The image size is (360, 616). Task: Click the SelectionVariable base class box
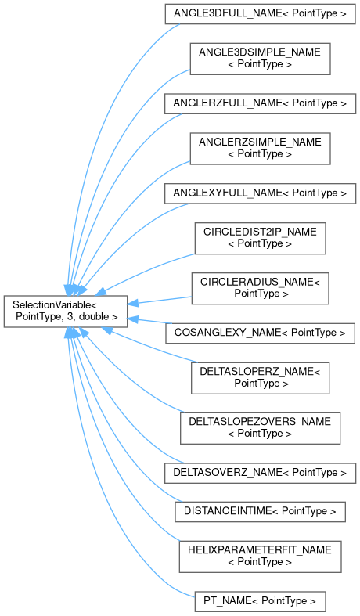click(66, 312)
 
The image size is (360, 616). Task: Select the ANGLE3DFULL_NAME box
click(260, 14)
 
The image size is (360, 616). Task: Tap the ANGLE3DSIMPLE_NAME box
click(260, 59)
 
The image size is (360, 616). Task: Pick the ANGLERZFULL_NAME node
click(260, 104)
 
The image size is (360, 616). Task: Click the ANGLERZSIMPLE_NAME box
click(260, 149)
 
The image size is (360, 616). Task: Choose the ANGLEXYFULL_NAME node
click(260, 193)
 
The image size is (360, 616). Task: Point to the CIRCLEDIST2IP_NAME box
click(260, 238)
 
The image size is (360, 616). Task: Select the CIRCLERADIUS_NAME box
click(260, 288)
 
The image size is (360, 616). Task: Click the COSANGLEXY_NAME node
click(260, 333)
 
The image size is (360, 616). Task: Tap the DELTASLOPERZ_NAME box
click(260, 378)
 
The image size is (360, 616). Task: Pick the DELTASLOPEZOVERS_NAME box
click(260, 429)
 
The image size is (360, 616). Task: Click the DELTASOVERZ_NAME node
click(260, 473)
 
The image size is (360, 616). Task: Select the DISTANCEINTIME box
click(260, 511)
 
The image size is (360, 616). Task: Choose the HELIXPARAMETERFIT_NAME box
click(260, 557)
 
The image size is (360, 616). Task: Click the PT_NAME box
click(260, 601)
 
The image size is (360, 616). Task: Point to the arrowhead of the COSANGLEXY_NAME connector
click(133, 319)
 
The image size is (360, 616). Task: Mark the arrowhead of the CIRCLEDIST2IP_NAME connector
click(101, 291)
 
